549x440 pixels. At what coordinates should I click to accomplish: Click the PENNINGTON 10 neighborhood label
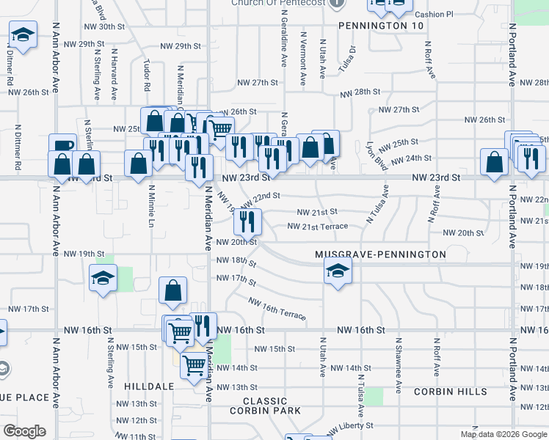click(382, 26)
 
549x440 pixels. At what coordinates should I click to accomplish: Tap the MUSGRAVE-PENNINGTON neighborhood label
click(380, 254)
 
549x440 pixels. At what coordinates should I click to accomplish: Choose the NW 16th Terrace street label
click(277, 309)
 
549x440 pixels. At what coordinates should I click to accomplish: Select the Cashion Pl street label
click(435, 14)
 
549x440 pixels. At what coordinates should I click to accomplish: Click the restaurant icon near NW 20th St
click(248, 219)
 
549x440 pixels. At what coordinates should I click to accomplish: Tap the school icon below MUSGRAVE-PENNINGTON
click(338, 272)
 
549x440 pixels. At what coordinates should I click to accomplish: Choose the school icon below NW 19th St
click(103, 278)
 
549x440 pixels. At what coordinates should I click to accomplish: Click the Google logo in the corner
click(25, 431)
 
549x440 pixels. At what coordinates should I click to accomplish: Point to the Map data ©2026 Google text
click(503, 434)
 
